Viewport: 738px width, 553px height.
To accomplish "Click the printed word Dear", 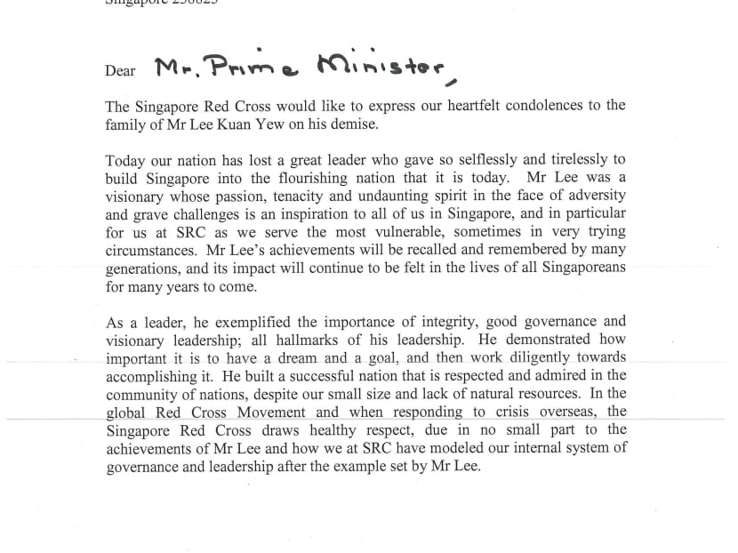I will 120,70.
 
